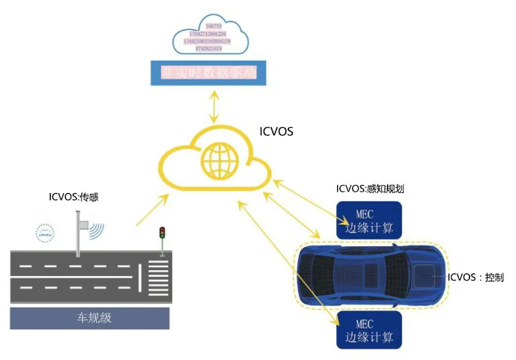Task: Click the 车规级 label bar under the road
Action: (x=90, y=317)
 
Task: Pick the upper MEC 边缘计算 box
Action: (x=368, y=220)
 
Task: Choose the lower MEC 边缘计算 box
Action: (x=368, y=330)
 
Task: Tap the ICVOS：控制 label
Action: (x=476, y=278)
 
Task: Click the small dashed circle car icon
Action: (x=46, y=233)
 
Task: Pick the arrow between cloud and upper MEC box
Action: (x=307, y=198)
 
